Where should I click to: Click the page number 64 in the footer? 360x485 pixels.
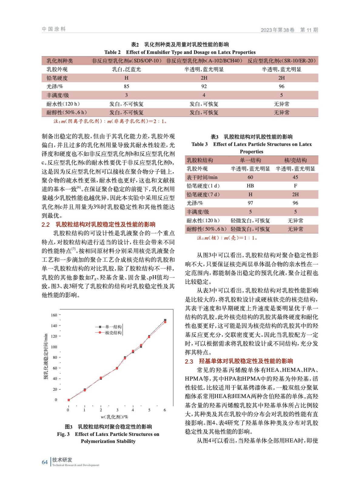(45, 462)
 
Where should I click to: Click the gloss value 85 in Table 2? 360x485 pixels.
(126, 86)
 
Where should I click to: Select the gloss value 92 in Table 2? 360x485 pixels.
(204, 86)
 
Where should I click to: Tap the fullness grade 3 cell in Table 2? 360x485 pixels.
(126, 95)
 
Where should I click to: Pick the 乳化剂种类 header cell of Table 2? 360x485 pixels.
(60, 61)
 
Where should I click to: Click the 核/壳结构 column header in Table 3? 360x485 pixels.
(295, 160)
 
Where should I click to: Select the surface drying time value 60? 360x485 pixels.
(250, 177)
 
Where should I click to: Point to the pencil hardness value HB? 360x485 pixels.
(250, 186)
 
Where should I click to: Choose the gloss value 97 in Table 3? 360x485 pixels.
(250, 203)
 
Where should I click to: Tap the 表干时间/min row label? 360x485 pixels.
(202, 177)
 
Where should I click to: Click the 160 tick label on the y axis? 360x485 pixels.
(54, 315)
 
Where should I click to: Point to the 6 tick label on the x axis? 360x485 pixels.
(165, 410)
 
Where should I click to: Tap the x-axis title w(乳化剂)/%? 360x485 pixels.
(114, 417)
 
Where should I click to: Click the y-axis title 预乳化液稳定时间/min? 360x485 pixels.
(46, 356)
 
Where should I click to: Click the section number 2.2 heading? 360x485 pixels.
(45, 225)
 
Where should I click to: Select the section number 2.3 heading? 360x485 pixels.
(189, 361)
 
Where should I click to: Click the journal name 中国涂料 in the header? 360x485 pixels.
(54, 29)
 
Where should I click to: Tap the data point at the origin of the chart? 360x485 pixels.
(69, 400)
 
